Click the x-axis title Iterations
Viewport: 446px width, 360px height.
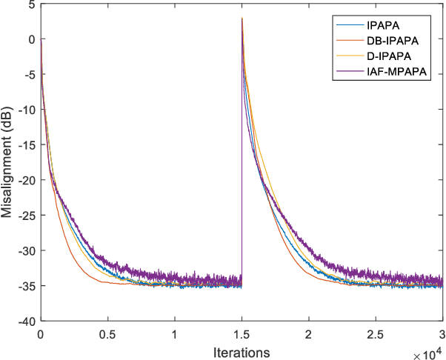(x=241, y=350)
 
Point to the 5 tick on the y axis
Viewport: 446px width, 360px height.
(x=31, y=4)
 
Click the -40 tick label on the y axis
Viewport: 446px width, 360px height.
(x=25, y=321)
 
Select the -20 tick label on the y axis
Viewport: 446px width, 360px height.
(x=25, y=180)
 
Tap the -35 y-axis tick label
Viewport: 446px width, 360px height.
(x=25, y=286)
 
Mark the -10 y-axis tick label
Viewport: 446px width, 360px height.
(x=25, y=110)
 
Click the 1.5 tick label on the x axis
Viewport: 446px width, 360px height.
(x=241, y=333)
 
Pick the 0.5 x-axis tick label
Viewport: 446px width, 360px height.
(x=107, y=333)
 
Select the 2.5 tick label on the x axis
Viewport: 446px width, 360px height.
(x=375, y=333)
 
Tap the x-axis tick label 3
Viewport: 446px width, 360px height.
(x=442, y=333)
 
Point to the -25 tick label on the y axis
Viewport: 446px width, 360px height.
(x=25, y=216)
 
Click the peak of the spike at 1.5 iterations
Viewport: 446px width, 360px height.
(x=242, y=19)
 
